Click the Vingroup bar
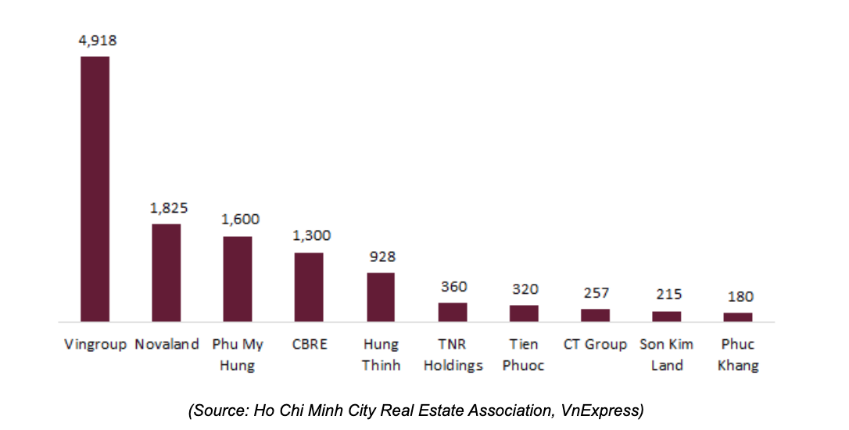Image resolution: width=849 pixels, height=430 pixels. click(95, 188)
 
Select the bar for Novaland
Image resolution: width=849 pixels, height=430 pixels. click(167, 272)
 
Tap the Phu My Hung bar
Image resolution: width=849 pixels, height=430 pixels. click(238, 278)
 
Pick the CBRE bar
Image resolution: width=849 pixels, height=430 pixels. click(309, 286)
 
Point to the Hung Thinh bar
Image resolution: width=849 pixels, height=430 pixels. click(381, 296)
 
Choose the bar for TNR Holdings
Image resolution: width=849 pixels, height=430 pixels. click(453, 312)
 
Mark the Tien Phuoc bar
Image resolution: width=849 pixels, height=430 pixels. click(524, 313)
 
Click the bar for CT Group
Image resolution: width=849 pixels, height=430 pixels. click(595, 315)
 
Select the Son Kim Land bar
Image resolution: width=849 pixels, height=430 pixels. click(667, 316)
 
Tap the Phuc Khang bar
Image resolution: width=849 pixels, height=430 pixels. click(738, 317)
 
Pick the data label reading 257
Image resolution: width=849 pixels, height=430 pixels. click(596, 293)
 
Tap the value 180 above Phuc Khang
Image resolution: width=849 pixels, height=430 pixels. click(739, 297)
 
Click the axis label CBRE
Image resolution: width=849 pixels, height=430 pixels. click(308, 344)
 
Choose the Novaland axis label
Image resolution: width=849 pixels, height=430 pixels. click(167, 344)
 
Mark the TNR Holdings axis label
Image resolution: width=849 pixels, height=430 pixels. click(453, 354)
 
